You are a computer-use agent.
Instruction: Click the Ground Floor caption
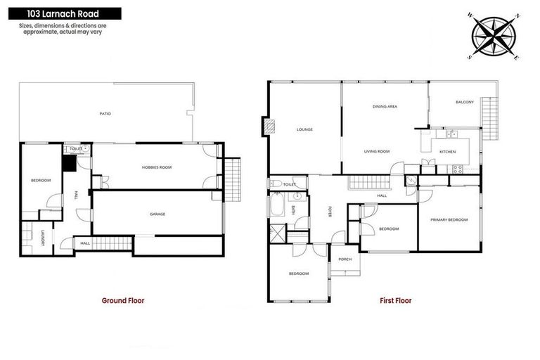point(123,300)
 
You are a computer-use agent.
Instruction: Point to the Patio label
point(105,113)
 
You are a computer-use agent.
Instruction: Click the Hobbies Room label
point(157,167)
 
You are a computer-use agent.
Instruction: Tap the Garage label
point(157,214)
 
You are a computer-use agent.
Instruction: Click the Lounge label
point(304,129)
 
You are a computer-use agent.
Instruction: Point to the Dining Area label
point(385,106)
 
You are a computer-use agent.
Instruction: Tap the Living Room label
point(377,151)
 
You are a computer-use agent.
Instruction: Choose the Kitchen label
point(448,152)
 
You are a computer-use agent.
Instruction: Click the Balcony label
point(465,103)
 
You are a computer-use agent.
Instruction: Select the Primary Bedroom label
point(449,220)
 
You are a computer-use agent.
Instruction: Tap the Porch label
point(345,259)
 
